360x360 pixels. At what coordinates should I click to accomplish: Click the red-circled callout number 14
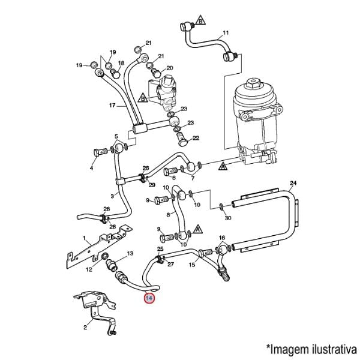click(149, 298)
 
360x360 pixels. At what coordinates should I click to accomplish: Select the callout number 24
click(293, 183)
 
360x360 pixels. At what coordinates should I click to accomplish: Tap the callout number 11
click(226, 33)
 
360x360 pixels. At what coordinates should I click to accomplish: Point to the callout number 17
click(112, 106)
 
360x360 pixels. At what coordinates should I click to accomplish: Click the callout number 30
click(228, 217)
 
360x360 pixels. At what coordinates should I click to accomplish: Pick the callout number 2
click(85, 328)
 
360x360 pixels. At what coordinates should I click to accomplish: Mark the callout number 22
click(196, 138)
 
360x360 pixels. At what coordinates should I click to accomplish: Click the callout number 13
click(130, 253)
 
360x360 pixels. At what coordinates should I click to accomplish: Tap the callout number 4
click(91, 168)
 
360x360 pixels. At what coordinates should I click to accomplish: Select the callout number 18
click(121, 63)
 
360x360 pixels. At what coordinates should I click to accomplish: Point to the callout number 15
click(192, 265)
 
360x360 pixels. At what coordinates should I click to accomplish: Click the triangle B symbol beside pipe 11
click(200, 20)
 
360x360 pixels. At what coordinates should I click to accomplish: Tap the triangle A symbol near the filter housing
click(223, 166)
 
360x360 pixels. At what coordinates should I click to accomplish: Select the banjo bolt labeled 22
click(182, 140)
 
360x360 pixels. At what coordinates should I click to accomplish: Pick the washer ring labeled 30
click(220, 206)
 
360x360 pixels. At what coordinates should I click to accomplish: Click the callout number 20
click(170, 68)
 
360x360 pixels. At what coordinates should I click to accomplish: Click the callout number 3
click(112, 196)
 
